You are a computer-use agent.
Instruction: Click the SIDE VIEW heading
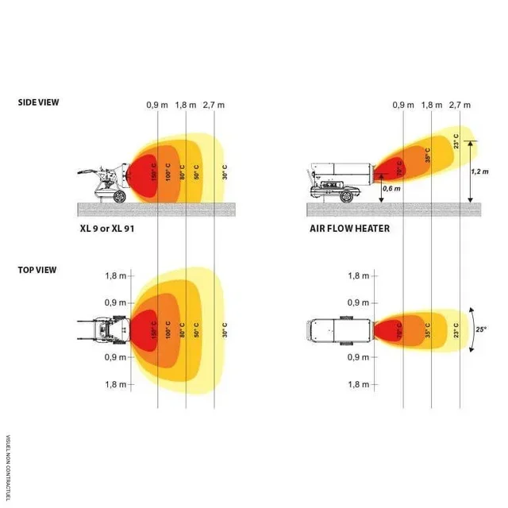click(38, 102)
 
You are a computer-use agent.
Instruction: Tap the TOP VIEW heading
click(37, 270)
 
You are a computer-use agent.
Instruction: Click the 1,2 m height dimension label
click(479, 171)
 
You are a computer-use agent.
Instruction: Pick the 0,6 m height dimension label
click(391, 188)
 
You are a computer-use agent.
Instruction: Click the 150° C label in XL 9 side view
click(153, 171)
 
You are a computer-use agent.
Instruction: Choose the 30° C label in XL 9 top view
click(225, 329)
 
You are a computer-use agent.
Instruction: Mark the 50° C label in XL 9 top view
click(198, 329)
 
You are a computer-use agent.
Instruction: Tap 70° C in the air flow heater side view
click(398, 167)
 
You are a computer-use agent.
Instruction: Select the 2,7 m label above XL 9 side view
click(214, 105)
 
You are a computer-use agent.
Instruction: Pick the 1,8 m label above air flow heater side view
click(432, 105)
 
